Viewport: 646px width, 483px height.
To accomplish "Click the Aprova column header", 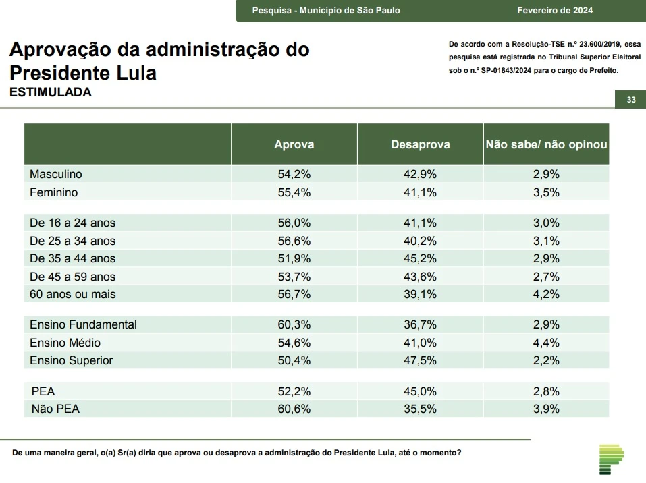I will coord(294,144).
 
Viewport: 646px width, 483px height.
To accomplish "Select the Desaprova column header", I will coord(420,144).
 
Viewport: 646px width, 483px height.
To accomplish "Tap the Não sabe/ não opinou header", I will coord(546,144).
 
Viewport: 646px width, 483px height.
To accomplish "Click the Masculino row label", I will coord(56,174).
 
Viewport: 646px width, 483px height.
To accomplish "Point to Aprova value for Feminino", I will coord(294,192).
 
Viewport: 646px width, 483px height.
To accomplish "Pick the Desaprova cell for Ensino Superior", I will coord(420,360).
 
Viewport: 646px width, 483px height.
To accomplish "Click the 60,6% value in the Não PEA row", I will coord(294,409).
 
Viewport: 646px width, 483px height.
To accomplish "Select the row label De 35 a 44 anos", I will coord(72,258).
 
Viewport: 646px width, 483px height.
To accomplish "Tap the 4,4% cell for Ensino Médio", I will coord(546,343).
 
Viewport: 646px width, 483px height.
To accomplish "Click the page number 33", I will coord(631,100).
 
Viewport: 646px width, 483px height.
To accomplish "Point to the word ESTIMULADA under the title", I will coord(50,93).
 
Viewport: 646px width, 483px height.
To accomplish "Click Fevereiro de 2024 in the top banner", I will coord(555,10).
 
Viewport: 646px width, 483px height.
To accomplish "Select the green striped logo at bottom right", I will coord(611,459).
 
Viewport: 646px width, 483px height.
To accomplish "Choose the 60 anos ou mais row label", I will coord(72,294).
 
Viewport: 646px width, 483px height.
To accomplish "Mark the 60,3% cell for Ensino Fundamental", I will coord(294,324).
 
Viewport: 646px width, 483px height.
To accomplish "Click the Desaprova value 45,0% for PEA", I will coord(420,391).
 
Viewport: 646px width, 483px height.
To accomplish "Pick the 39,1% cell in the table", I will coord(420,294).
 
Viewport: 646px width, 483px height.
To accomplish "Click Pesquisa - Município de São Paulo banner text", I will coord(326,10).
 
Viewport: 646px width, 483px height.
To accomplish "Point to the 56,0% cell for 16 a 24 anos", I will coord(294,223).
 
